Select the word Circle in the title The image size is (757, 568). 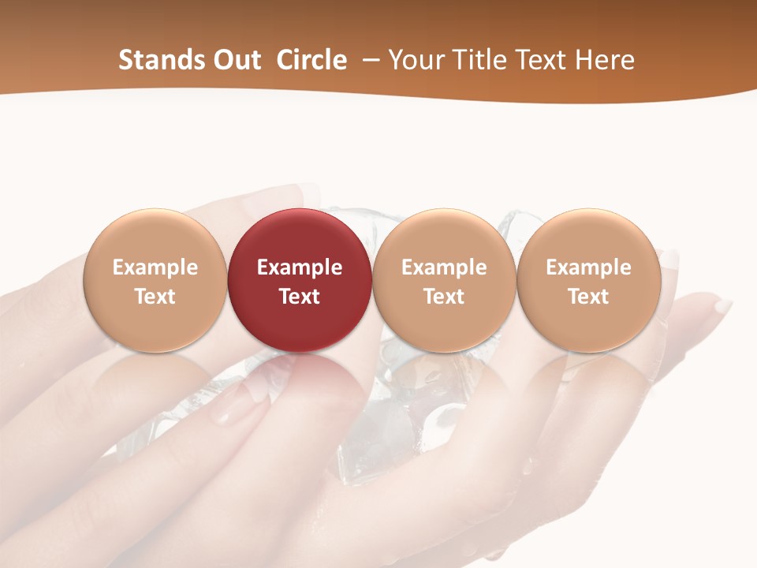tap(311, 60)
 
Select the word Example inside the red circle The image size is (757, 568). tap(300, 267)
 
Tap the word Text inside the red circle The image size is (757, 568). tap(300, 297)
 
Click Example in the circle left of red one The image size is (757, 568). tap(155, 267)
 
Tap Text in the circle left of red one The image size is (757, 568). tap(155, 297)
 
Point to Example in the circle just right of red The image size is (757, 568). tap(444, 267)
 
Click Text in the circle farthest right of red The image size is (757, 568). tap(589, 297)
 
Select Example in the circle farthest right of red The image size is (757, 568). tap(589, 267)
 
